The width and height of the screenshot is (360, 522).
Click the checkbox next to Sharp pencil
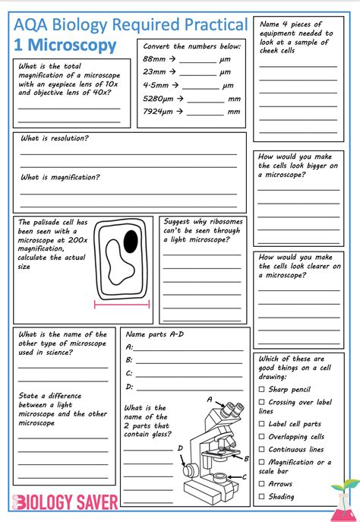coord(262,389)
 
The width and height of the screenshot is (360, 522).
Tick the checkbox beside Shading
coord(262,496)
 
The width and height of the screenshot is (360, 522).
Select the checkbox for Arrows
coord(262,483)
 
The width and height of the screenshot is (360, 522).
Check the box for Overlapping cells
coord(262,437)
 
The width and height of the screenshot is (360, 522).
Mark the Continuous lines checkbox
coord(262,449)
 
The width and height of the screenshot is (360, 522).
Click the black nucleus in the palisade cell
coord(131,242)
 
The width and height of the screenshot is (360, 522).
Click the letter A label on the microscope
coord(210,398)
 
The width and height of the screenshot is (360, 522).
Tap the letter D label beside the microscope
coord(180,448)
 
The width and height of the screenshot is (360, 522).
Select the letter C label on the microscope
coord(244,476)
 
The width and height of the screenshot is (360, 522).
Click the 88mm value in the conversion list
coord(154,59)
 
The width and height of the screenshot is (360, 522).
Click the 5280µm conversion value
coord(158,99)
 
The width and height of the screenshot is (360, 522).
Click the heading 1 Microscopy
coord(65,46)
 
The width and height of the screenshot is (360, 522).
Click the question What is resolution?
coord(54,138)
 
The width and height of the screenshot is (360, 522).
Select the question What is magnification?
coord(60,177)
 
